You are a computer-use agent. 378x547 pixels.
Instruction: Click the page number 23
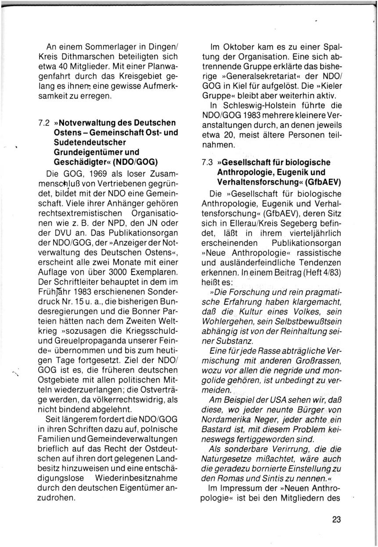(x=336, y=519)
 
